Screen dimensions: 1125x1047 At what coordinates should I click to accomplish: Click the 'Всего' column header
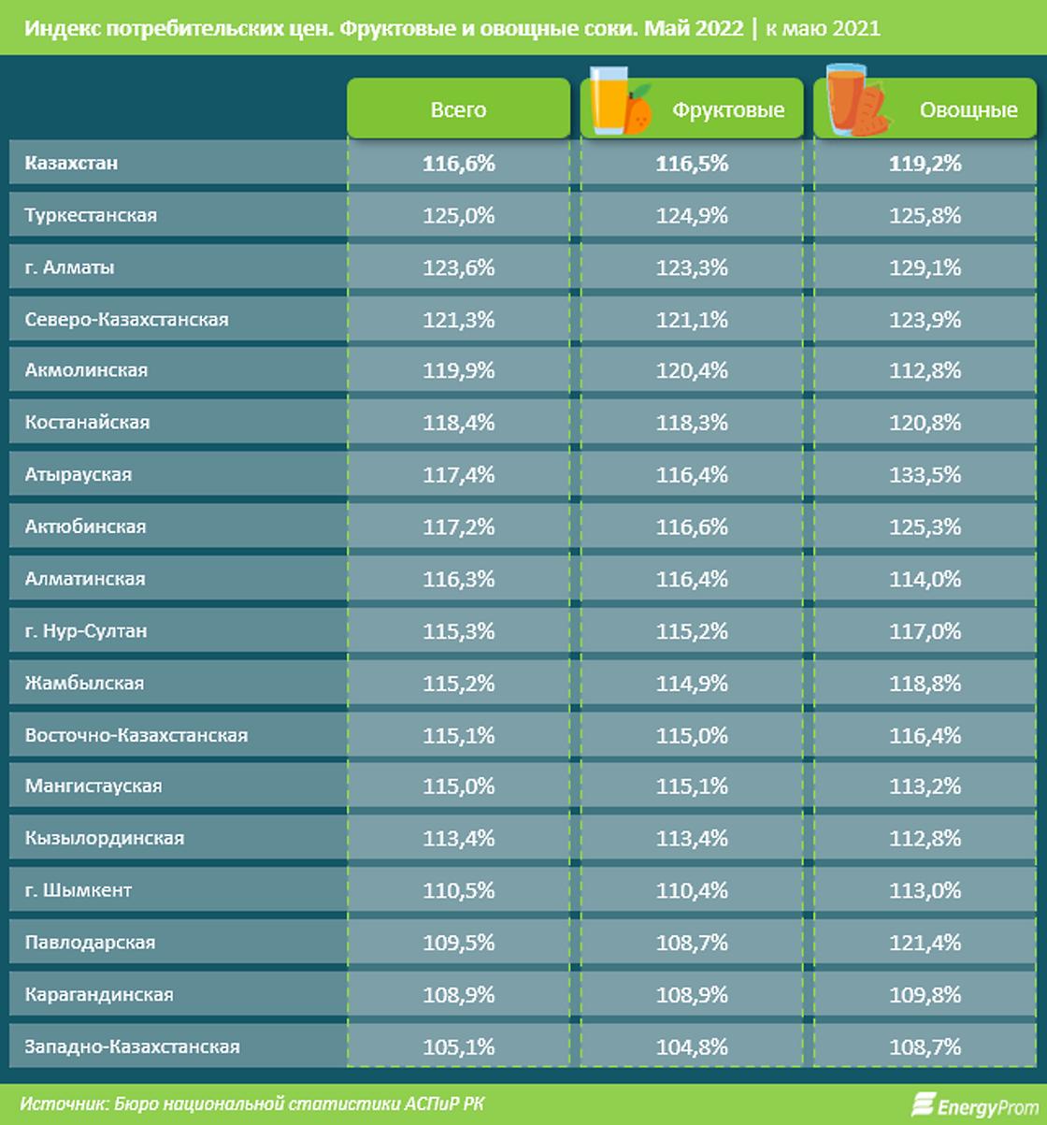(x=458, y=110)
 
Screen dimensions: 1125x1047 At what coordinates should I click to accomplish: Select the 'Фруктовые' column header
(x=727, y=110)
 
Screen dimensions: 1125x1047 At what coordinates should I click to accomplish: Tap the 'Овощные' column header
(x=968, y=110)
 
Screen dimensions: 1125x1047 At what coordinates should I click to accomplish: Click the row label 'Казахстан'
(x=71, y=163)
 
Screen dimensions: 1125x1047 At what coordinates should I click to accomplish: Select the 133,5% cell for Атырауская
(x=925, y=474)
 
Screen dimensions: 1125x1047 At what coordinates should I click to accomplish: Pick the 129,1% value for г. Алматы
(x=925, y=267)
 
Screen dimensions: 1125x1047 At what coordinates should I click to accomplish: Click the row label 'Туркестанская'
(x=91, y=215)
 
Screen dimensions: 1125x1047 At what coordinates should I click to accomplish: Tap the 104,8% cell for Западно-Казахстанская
(x=692, y=1046)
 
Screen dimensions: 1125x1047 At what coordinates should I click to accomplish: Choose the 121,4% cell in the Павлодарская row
(x=925, y=942)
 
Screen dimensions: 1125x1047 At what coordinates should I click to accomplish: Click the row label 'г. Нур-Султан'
(x=86, y=631)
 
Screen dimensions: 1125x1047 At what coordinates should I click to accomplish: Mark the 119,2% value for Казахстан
(x=925, y=163)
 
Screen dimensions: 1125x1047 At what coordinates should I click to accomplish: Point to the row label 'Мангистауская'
(x=93, y=786)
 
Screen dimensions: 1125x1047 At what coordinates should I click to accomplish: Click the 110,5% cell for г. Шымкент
(x=458, y=890)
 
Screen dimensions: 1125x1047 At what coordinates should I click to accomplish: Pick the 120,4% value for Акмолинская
(x=692, y=370)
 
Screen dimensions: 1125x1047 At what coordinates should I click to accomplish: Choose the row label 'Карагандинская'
(x=99, y=994)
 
